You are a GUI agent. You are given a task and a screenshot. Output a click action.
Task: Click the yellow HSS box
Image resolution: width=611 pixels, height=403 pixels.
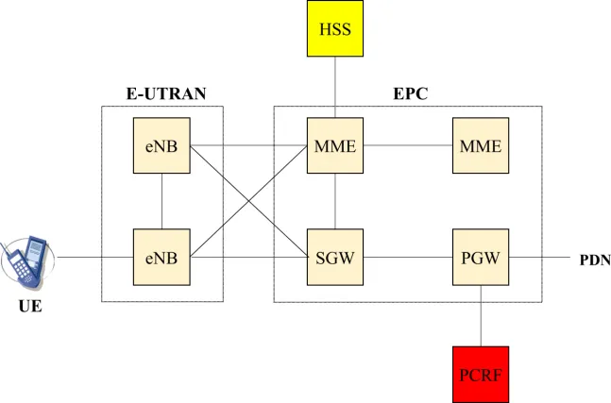tap(335, 28)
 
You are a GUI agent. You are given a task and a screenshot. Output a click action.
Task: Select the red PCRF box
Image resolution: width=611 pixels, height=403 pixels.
tap(481, 374)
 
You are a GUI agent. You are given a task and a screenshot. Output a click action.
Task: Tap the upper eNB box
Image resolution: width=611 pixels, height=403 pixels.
tap(162, 146)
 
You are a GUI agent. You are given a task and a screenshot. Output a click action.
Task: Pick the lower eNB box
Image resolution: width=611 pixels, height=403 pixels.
tap(162, 256)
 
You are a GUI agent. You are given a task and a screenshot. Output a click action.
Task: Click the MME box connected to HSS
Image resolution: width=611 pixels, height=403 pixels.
tap(335, 146)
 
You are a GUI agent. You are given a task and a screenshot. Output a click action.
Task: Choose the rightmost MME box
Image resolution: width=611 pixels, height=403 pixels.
tap(481, 146)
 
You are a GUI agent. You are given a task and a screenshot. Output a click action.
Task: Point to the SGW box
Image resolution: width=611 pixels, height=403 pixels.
tap(335, 256)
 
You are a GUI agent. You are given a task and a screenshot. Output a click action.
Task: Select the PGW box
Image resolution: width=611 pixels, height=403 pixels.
tap(481, 256)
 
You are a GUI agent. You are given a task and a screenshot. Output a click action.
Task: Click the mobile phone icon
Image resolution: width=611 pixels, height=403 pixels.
tap(27, 260)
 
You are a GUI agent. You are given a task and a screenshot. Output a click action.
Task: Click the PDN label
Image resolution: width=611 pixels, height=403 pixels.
tap(595, 257)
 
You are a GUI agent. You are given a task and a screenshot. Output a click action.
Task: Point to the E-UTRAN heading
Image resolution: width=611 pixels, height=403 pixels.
tap(166, 93)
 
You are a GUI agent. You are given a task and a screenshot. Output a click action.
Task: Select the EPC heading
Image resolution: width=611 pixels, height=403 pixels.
tap(411, 93)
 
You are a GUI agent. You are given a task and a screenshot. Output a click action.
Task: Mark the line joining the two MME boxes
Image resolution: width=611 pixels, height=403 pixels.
tap(408, 146)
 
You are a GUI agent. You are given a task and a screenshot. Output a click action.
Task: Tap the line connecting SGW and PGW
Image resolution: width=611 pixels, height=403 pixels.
tap(408, 256)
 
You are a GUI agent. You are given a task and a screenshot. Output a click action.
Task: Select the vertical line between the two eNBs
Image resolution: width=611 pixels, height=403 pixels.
tap(162, 201)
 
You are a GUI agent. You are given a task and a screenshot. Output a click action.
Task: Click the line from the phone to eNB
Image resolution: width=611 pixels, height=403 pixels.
tap(94, 256)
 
